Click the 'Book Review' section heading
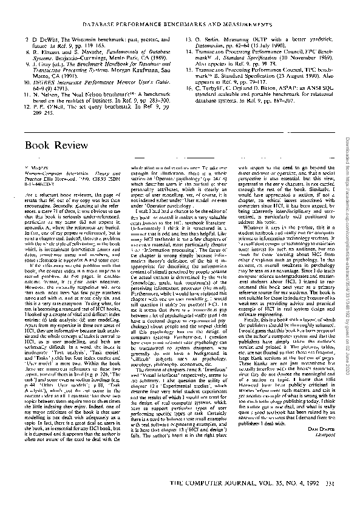[x=53, y=146]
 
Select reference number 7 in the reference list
[x=27, y=38]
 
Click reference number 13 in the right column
[x=189, y=38]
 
